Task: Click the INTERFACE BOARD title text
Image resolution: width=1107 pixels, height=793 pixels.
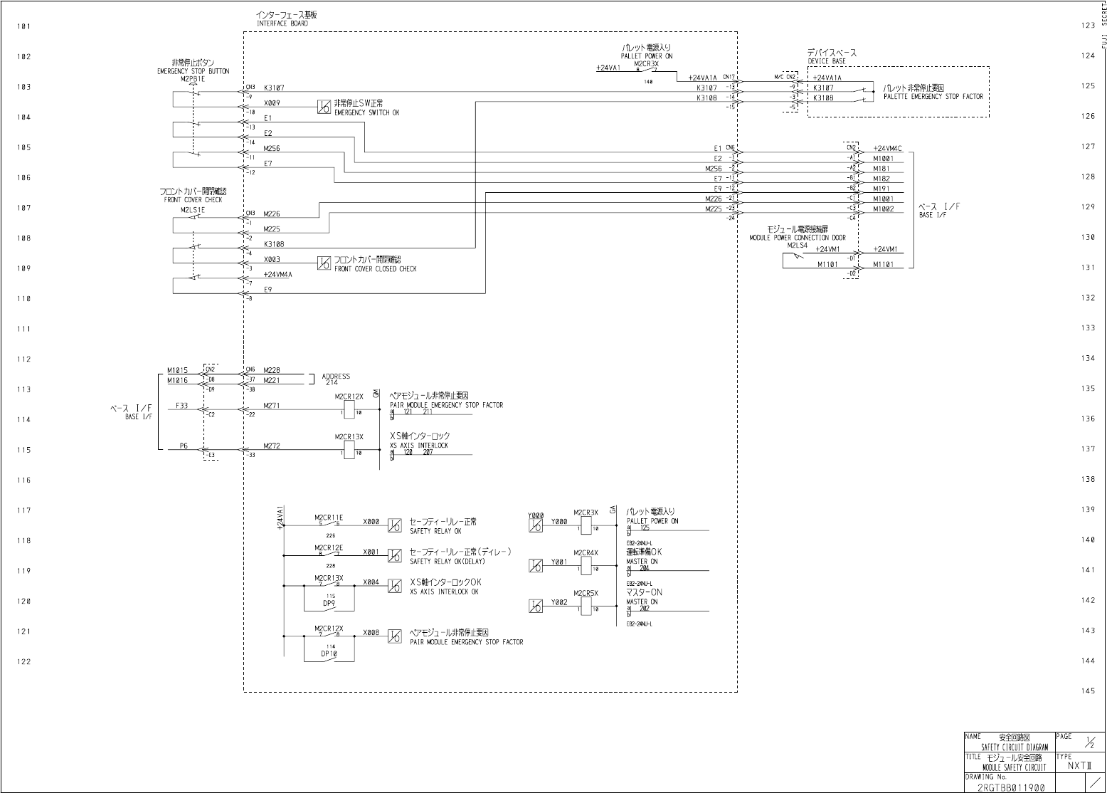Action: point(282,23)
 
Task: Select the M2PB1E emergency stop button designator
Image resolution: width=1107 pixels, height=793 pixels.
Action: point(193,79)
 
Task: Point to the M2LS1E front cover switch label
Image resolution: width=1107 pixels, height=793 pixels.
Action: point(192,210)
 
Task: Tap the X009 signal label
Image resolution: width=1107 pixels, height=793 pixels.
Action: point(271,103)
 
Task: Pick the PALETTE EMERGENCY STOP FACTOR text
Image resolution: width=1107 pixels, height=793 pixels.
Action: point(933,96)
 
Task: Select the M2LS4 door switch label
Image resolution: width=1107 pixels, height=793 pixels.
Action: point(797,245)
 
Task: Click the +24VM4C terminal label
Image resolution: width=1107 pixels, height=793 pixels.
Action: point(887,148)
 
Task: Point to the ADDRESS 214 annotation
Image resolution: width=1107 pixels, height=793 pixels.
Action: point(336,379)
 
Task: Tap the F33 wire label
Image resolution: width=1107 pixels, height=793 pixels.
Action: point(182,406)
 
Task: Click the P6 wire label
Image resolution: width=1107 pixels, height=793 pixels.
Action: point(184,446)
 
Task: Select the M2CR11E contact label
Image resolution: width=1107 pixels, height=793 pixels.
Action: point(329,518)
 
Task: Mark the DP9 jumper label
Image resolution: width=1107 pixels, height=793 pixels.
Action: point(329,603)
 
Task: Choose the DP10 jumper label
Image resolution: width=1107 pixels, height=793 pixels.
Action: point(329,653)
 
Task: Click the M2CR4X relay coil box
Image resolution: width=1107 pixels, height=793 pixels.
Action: point(586,565)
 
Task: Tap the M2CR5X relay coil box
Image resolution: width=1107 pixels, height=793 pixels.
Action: point(586,606)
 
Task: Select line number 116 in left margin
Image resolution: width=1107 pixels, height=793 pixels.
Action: point(24,480)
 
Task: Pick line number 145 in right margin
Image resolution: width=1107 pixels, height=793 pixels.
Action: point(1087,691)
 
